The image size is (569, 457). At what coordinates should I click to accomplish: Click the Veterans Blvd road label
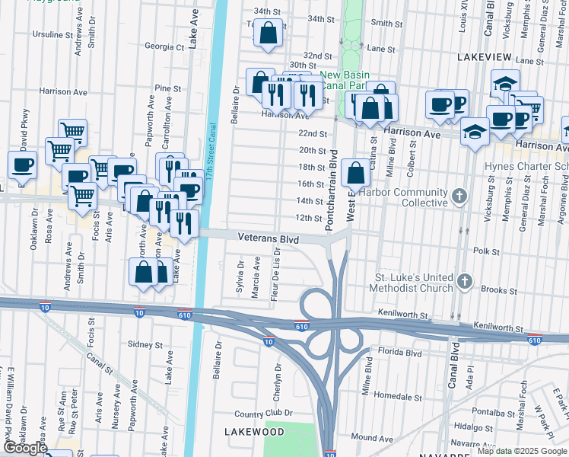coord(269,238)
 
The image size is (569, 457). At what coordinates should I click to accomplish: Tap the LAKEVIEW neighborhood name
coord(487,57)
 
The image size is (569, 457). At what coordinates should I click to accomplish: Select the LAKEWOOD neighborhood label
coord(255,432)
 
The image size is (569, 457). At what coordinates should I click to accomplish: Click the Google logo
coord(24,448)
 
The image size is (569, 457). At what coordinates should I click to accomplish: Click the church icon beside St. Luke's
coord(464,283)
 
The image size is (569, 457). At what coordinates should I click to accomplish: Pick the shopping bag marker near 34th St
coord(267,34)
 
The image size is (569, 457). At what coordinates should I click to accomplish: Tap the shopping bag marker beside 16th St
coord(356,173)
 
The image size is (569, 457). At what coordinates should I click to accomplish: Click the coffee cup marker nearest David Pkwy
coord(22,165)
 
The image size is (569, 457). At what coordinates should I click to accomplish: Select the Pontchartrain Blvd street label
coord(331,190)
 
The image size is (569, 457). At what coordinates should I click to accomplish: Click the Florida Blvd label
coord(400,353)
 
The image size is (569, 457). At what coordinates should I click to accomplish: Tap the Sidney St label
coord(145,344)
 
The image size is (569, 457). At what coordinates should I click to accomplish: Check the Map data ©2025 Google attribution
coord(521,451)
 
